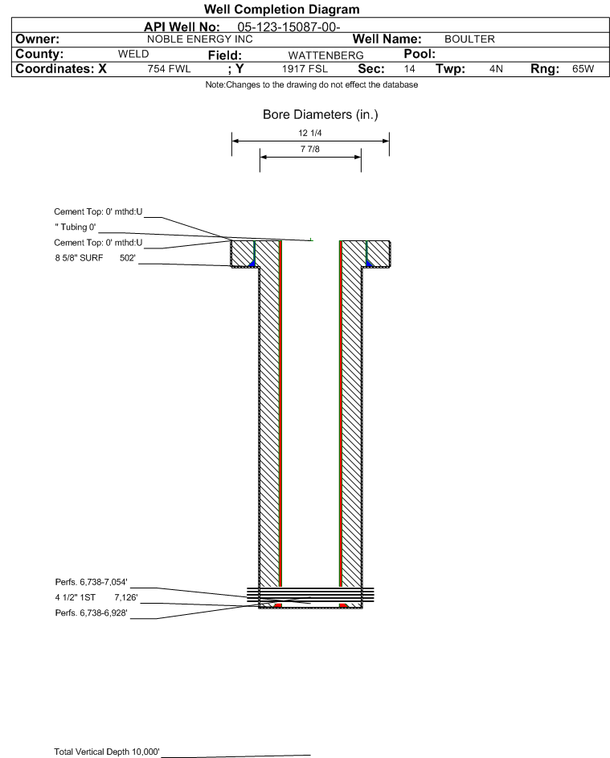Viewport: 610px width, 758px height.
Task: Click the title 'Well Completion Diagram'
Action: pos(282,9)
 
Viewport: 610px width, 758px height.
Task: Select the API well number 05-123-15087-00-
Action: pos(289,27)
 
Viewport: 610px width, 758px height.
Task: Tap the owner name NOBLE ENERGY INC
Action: pos(199,39)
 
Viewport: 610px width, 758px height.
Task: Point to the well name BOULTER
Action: pos(469,39)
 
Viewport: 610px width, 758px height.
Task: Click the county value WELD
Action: pos(133,54)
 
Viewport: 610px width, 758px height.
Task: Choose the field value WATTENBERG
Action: pos(325,55)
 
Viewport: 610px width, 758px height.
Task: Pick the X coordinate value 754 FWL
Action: pos(169,68)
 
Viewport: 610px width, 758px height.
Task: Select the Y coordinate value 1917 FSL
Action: pos(305,68)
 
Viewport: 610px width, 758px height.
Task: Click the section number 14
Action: pos(409,68)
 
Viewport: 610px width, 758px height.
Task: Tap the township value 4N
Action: pos(496,68)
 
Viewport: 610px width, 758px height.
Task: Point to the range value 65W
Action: pos(583,68)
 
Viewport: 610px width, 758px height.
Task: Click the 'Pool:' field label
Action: pos(420,54)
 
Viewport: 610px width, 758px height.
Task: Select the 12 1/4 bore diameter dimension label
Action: pos(310,133)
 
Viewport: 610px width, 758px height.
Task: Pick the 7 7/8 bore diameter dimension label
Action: pos(310,149)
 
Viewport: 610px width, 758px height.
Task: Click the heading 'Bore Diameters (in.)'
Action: pos(321,115)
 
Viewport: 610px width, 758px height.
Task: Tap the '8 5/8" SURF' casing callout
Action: pos(79,258)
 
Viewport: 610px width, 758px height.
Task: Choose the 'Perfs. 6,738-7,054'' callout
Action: pos(92,582)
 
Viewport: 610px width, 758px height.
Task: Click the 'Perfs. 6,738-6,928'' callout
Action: pos(92,613)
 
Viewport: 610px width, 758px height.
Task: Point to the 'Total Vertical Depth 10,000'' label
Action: pos(107,752)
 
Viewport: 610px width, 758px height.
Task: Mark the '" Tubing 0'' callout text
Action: pos(76,227)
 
